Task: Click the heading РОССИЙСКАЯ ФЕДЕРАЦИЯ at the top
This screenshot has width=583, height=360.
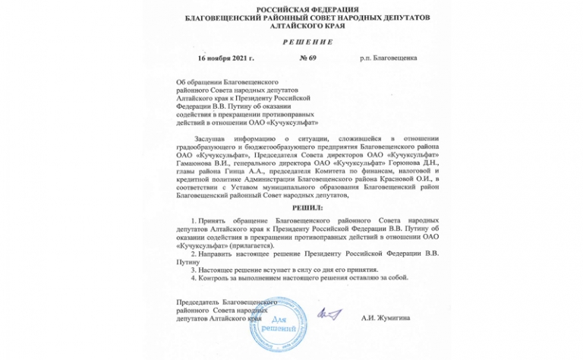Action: point(291,8)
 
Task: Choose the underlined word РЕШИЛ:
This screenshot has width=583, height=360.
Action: point(291,207)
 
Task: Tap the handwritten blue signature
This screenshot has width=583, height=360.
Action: point(329,312)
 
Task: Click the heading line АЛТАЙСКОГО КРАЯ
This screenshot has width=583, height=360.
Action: point(291,26)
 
